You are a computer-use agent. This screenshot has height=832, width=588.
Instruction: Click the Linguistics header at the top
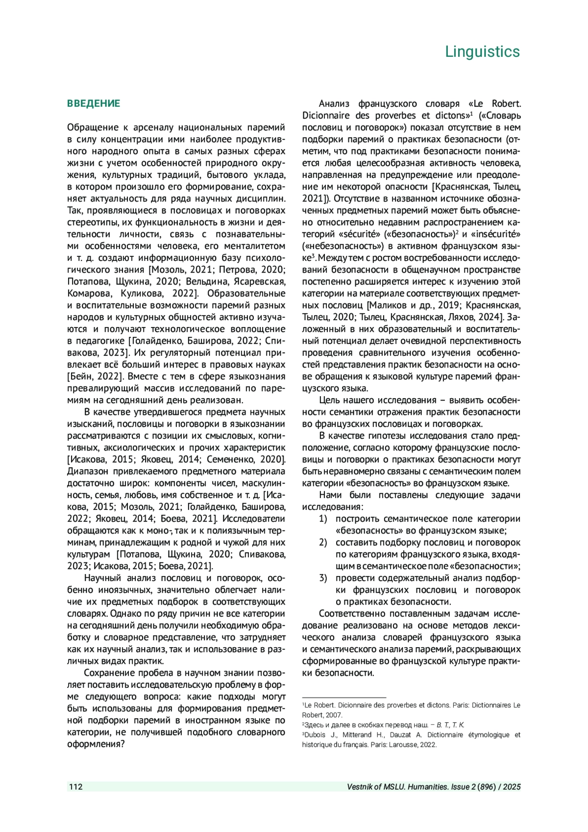pos(482,51)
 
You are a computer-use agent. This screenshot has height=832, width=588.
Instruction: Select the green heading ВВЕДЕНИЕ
pos(93,103)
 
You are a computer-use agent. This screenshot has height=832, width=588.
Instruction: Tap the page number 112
pos(75,787)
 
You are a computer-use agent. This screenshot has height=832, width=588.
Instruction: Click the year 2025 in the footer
pos(512,787)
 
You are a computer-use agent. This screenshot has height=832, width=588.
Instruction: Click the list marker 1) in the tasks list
pos(323,519)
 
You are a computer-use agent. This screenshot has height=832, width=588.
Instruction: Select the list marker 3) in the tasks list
pos(323,578)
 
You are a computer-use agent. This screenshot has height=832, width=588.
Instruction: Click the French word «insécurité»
pos(497,234)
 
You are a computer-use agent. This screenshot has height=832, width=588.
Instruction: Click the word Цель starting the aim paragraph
pos(329,400)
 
